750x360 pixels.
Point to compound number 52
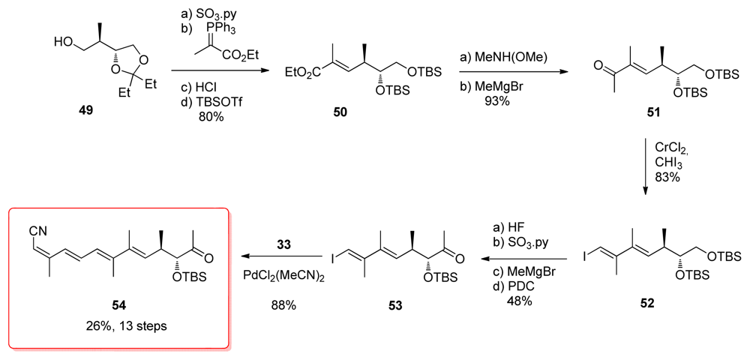tap(646, 304)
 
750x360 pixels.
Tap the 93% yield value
tap(496, 100)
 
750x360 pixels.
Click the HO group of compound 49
tap(64, 43)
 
